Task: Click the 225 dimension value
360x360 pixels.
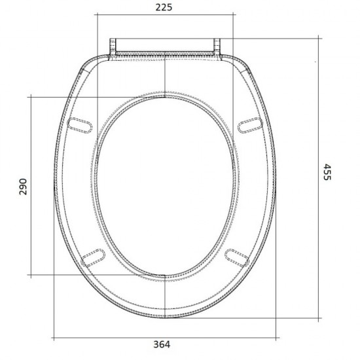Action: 164,7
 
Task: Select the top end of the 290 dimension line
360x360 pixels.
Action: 31,96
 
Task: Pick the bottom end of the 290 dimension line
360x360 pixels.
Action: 31,274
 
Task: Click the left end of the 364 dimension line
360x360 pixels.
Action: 52,338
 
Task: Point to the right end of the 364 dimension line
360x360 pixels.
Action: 277,338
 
